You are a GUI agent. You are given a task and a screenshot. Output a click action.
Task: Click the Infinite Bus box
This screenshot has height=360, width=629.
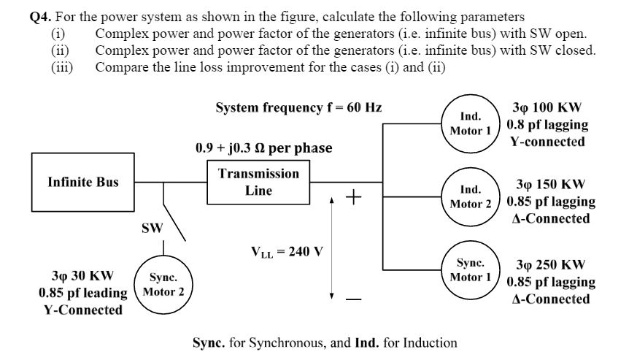click(x=83, y=182)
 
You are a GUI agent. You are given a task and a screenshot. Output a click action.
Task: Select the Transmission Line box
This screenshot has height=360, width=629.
click(x=258, y=183)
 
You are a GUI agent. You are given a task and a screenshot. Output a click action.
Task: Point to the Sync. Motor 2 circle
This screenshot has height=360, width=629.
click(x=166, y=285)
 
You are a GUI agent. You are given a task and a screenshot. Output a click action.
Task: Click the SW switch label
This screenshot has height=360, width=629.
click(x=152, y=229)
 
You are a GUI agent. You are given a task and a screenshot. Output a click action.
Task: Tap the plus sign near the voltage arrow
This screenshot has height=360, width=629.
click(x=353, y=197)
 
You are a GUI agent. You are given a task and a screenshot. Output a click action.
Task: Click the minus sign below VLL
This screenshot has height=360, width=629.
click(x=353, y=299)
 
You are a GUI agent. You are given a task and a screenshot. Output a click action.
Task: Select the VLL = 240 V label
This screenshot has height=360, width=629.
click(x=287, y=252)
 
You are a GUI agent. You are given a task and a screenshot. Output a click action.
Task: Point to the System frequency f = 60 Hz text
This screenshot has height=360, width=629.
click(x=298, y=107)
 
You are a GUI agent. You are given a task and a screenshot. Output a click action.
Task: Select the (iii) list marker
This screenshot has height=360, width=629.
click(x=61, y=66)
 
